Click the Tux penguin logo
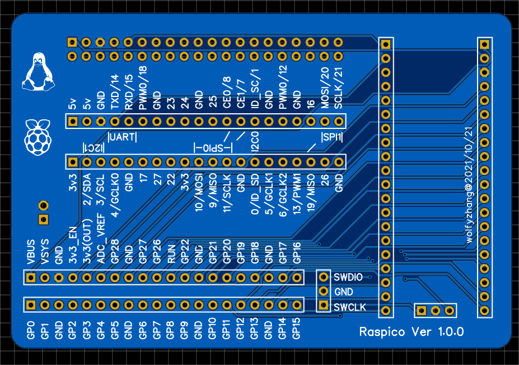click(38, 72)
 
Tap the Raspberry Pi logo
click(38, 137)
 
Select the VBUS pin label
click(31, 252)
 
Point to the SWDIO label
click(348, 277)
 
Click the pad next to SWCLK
click(324, 305)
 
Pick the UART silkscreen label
click(122, 137)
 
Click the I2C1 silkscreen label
click(93, 147)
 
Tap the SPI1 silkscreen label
click(331, 137)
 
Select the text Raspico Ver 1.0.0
click(412, 331)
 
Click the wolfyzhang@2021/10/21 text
click(469, 186)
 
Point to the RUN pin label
click(171, 255)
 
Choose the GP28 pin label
click(115, 252)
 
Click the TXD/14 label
click(115, 92)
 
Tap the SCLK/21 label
click(338, 88)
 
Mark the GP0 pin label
click(31, 330)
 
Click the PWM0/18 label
click(143, 88)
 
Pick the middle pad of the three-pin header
click(435, 311)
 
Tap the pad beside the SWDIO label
click(324, 277)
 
